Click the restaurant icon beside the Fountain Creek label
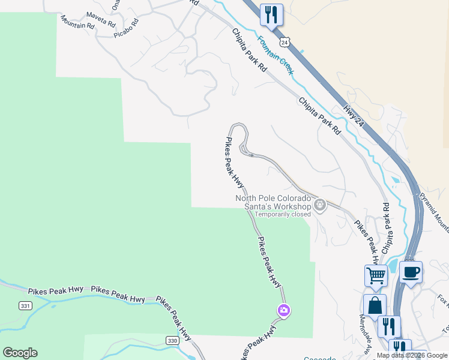click(271, 14)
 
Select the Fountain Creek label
click(276, 56)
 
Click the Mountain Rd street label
click(77, 23)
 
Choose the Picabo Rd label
click(126, 29)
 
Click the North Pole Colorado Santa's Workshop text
click(273, 202)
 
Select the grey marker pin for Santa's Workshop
click(320, 205)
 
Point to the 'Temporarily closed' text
click(283, 214)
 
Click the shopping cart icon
click(376, 275)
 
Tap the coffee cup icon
click(411, 272)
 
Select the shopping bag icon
click(374, 304)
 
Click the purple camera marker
click(283, 310)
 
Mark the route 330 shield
click(172, 341)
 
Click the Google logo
click(20, 353)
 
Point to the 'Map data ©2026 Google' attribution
click(412, 356)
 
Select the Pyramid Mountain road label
click(434, 211)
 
